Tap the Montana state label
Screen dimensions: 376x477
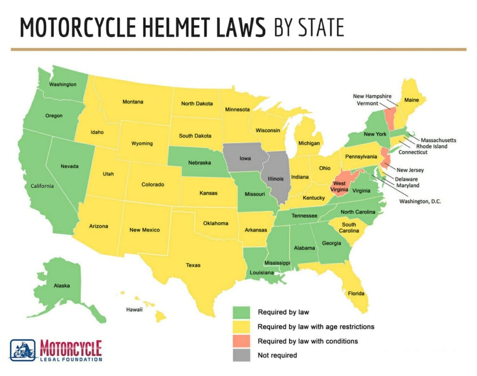(133, 102)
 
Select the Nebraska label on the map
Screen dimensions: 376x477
(200, 163)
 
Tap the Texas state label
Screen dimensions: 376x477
(193, 265)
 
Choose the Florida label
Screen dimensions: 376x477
(356, 294)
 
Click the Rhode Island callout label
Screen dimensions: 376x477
(431, 146)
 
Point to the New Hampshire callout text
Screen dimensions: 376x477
(374, 96)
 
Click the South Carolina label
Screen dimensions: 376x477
(349, 228)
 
